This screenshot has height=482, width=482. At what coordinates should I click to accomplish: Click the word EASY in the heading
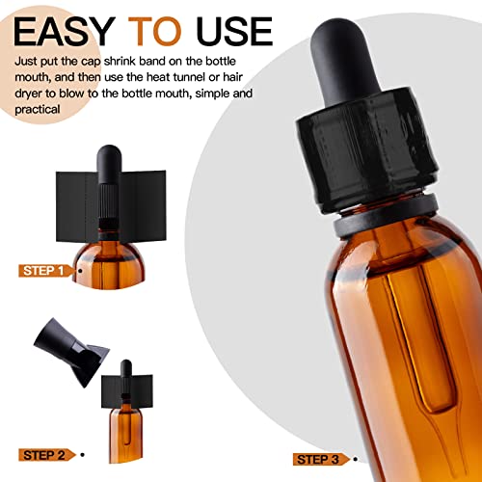click(x=65, y=31)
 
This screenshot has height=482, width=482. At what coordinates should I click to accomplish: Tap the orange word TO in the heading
click(x=155, y=31)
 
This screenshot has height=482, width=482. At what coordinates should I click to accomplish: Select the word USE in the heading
click(x=234, y=31)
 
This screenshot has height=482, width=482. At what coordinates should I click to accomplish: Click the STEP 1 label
click(x=43, y=271)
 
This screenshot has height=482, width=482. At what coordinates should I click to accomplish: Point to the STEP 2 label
click(x=44, y=455)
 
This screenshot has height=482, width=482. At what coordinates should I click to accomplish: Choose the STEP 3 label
click(x=318, y=460)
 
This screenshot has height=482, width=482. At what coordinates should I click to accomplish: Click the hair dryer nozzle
click(x=71, y=352)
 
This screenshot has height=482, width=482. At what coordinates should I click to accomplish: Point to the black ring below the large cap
click(x=386, y=215)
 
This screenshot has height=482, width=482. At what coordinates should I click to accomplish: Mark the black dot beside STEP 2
click(x=83, y=455)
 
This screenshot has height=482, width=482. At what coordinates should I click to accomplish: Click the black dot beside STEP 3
click(x=355, y=459)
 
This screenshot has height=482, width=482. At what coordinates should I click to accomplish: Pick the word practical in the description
click(x=38, y=110)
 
